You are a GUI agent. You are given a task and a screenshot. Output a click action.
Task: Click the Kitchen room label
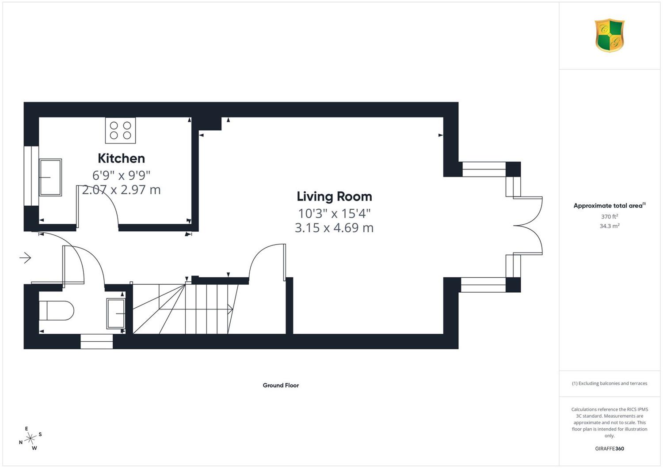click(x=122, y=159)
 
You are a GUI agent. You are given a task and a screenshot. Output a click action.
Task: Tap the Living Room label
click(x=334, y=196)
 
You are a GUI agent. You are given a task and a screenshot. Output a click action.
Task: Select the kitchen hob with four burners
click(x=121, y=130)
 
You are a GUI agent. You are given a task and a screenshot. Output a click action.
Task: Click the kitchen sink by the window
click(x=50, y=177)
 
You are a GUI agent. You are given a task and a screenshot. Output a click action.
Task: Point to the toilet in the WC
click(x=56, y=310)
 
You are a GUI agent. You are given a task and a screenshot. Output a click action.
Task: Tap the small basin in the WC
click(x=116, y=313)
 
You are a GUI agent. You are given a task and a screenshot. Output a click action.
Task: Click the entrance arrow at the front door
click(x=25, y=258)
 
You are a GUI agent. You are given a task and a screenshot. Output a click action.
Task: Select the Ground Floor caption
click(x=281, y=385)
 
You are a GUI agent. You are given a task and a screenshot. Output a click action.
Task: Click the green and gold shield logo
click(x=610, y=35)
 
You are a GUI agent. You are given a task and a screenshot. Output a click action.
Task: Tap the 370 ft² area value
click(x=610, y=216)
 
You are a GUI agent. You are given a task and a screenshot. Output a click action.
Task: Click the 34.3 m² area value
click(x=610, y=226)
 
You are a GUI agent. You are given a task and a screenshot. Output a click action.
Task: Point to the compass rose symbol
click(x=30, y=438)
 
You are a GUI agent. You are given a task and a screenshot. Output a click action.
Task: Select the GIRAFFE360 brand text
click(x=610, y=449)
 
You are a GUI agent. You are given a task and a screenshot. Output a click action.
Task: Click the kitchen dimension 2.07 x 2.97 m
click(x=122, y=190)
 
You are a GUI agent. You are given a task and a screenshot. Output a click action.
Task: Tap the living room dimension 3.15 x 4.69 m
click(x=334, y=228)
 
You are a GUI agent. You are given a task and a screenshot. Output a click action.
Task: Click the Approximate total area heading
click(x=610, y=205)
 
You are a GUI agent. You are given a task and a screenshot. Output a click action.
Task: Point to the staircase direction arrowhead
click(x=230, y=309)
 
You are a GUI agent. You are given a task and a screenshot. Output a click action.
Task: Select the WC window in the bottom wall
click(x=96, y=341)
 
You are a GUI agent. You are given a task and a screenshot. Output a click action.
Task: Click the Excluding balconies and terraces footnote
click(x=610, y=383)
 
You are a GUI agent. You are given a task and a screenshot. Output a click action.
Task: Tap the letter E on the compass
click(x=27, y=429)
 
